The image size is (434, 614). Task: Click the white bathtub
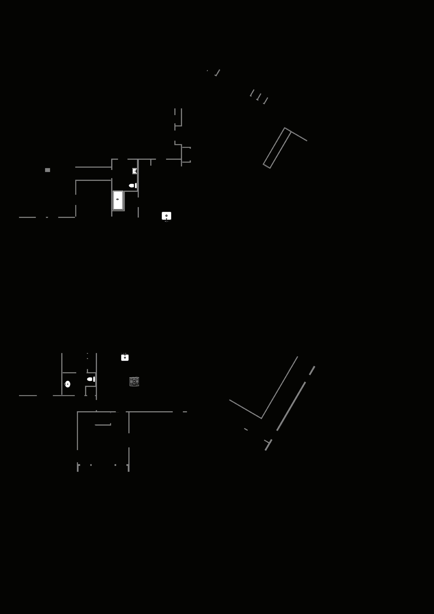(118, 200)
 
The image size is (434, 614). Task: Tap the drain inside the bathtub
(117, 199)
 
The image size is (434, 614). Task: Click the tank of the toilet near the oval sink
(94, 379)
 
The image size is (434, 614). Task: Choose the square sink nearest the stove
(125, 358)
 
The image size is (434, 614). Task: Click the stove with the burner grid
(134, 381)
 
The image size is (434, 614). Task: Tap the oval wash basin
(68, 384)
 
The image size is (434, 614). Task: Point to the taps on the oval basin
(65, 384)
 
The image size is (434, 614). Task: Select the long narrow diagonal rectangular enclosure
(277, 148)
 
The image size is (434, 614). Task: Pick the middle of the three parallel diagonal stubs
(258, 97)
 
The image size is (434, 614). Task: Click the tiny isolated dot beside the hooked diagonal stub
(207, 71)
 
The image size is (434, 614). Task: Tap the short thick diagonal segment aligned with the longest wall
(312, 371)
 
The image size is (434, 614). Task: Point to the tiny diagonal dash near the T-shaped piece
(246, 429)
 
